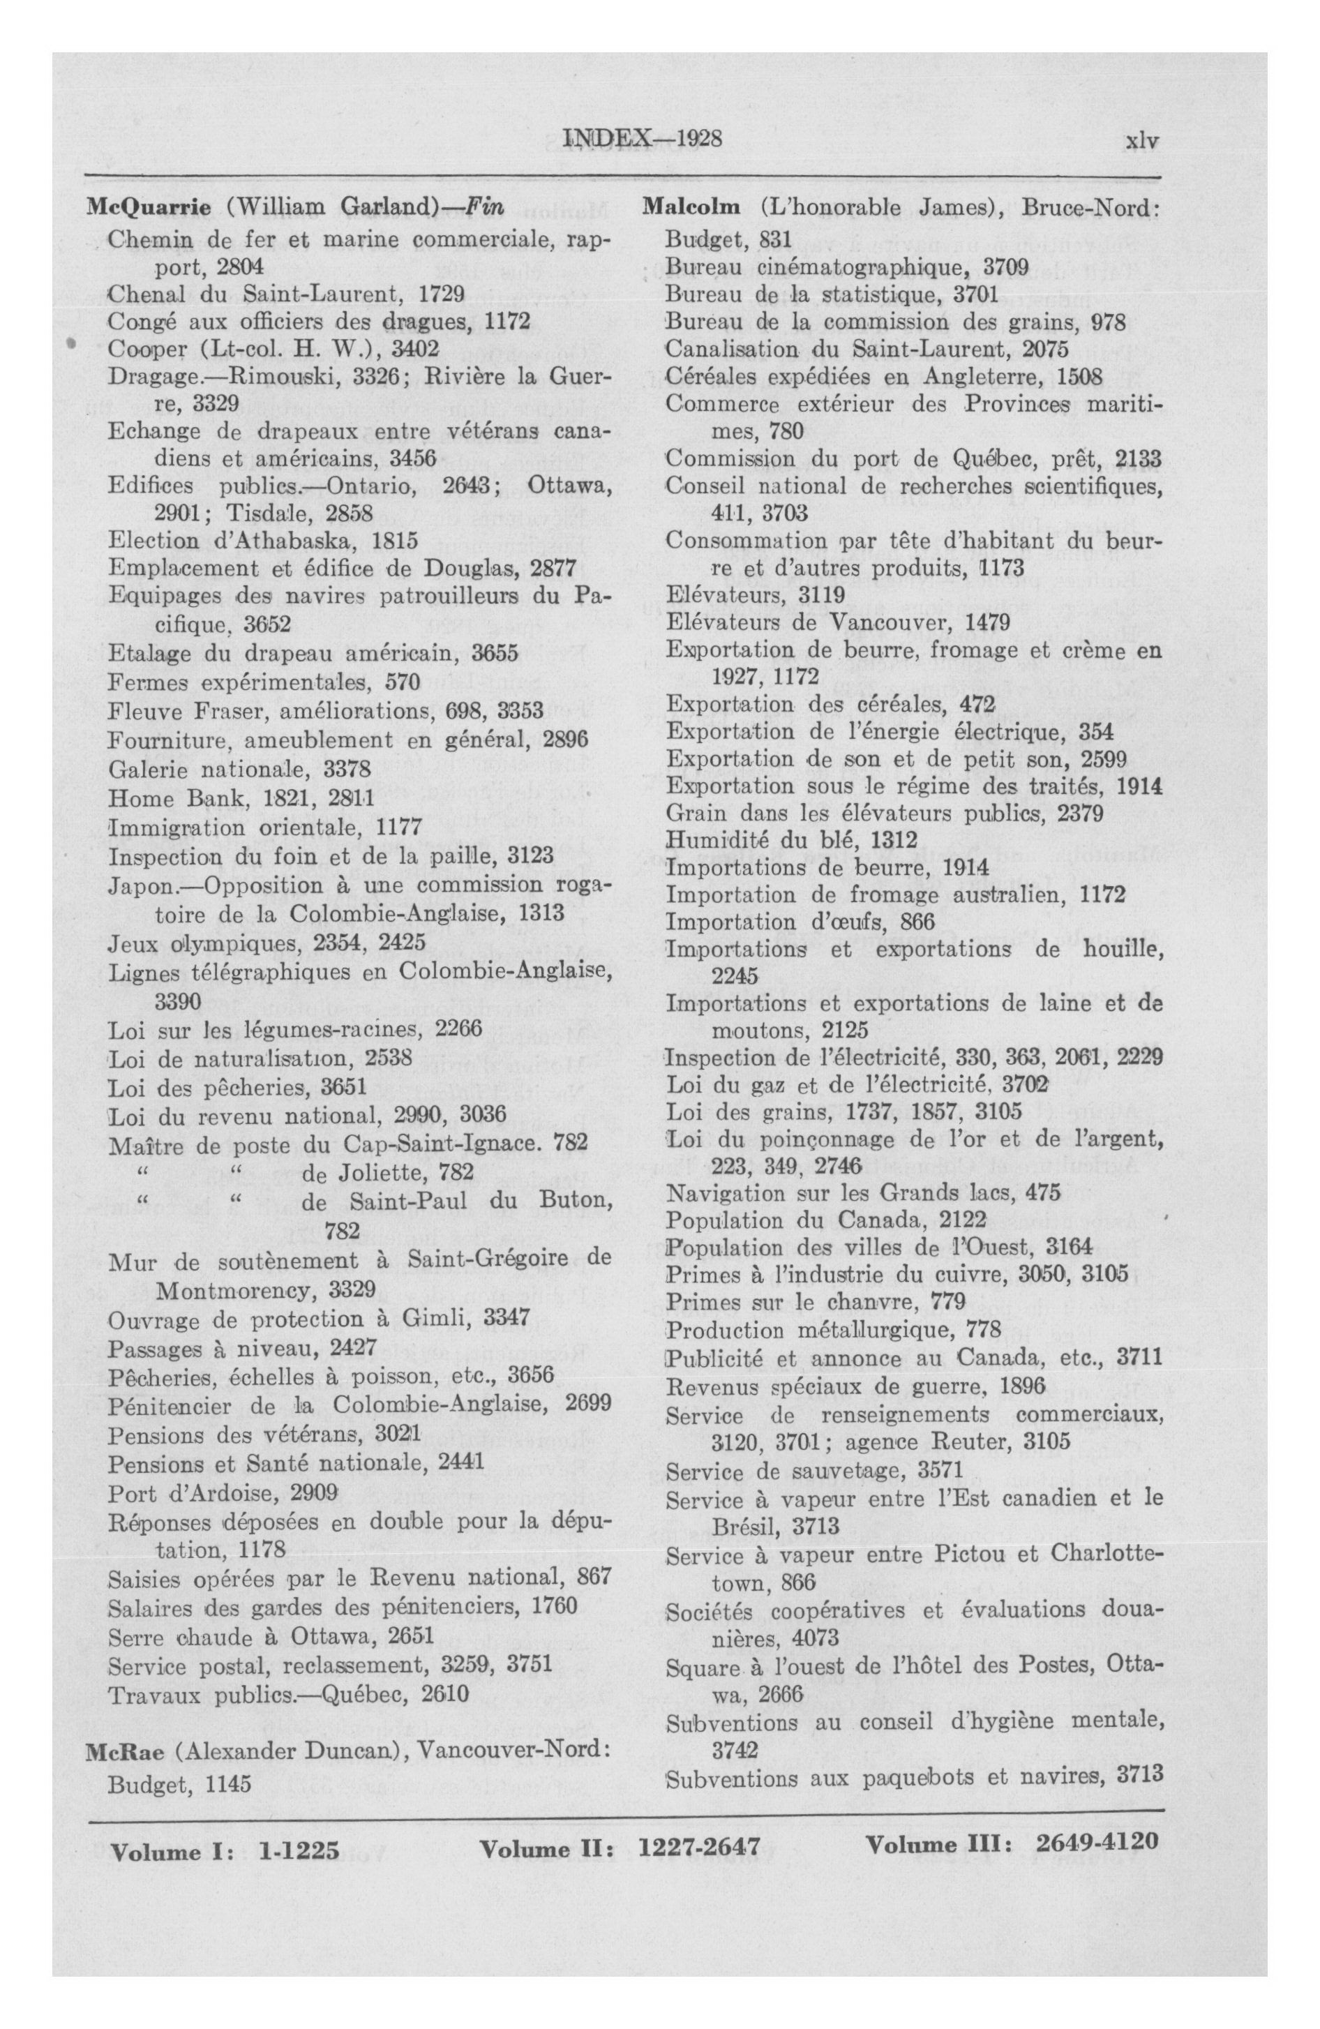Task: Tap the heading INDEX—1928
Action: click(x=643, y=139)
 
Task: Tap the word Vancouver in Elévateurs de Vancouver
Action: click(x=878, y=620)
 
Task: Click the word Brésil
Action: click(x=741, y=1525)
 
